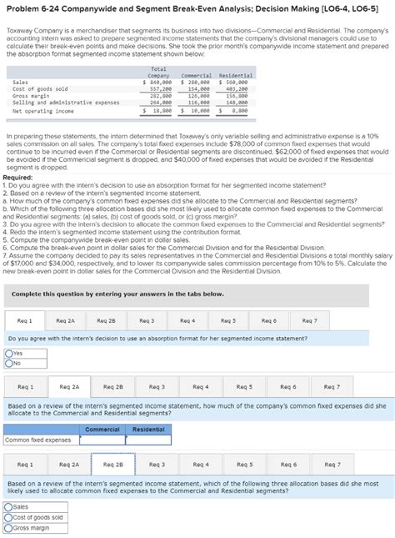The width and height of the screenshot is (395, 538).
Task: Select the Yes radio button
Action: (x=8, y=354)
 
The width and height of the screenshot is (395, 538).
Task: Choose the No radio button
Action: (x=8, y=363)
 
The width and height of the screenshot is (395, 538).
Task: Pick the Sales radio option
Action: (x=8, y=506)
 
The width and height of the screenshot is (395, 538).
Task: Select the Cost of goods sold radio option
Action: (x=8, y=516)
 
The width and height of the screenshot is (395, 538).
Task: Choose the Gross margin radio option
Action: (x=8, y=526)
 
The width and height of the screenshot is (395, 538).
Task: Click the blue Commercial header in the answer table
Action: (x=102, y=430)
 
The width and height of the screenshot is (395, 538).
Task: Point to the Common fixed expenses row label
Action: (x=38, y=440)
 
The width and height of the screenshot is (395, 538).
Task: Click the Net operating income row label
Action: (x=43, y=110)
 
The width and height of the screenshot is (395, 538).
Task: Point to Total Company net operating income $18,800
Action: (x=158, y=110)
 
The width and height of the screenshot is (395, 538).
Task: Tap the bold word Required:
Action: (x=18, y=177)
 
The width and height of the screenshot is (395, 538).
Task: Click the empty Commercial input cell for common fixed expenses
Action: (x=102, y=440)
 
